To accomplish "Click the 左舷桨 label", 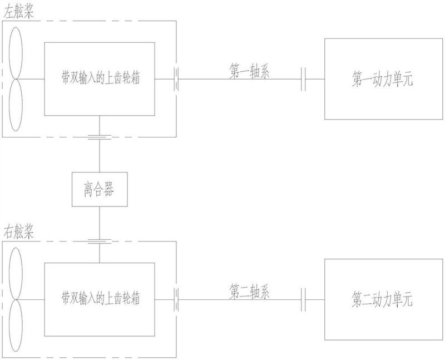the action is [18, 12].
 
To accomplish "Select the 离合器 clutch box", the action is [100, 189].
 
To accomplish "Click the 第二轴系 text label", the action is [249, 292].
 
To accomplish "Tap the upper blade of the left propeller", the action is [16, 53].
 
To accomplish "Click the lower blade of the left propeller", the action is [16, 105].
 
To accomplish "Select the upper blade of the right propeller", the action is [16, 274].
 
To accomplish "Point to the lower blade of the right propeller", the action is [16, 326].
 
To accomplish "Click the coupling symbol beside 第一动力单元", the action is [303, 79].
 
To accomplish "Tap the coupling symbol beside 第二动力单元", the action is [303, 299].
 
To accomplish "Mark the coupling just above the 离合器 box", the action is [100, 137].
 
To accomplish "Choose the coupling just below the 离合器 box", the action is [100, 241].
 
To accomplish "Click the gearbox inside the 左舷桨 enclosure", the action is [100, 79].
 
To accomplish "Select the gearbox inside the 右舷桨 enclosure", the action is [100, 299].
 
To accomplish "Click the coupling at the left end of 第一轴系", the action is [176, 79].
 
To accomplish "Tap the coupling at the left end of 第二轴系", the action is [176, 299].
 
